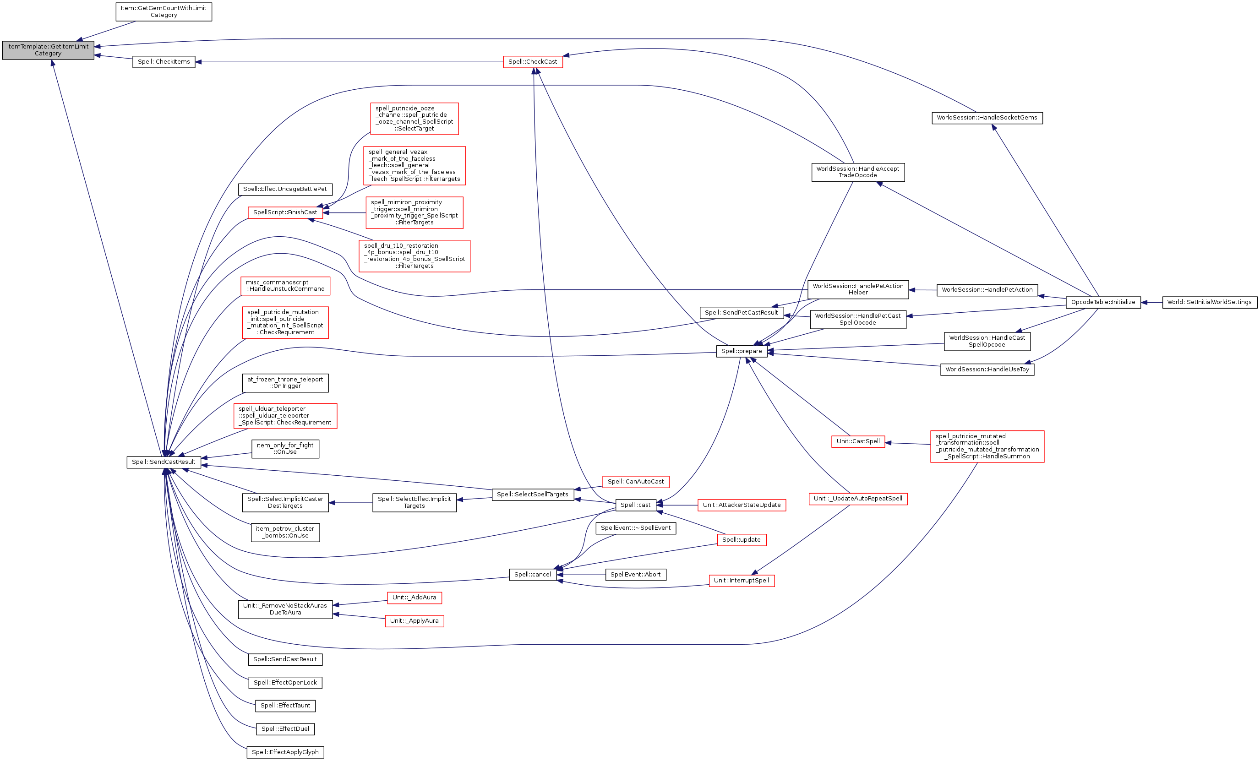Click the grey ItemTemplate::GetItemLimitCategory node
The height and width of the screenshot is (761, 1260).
coord(48,50)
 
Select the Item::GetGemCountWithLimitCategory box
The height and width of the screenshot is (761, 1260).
coord(164,12)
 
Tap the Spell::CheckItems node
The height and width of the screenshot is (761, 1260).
coord(164,62)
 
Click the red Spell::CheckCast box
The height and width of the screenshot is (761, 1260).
coord(532,62)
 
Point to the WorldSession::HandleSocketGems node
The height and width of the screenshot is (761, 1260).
coord(987,118)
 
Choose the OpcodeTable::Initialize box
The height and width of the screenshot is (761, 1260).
coord(1102,302)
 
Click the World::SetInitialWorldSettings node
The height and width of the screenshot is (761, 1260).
coord(1209,302)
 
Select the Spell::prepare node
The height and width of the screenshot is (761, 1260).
coord(742,351)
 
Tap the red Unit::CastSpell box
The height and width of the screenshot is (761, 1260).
coord(857,441)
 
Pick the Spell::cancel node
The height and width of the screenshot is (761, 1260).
coord(532,575)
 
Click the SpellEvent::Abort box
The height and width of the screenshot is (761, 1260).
coord(635,575)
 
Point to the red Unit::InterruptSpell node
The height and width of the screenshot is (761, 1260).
coord(741,581)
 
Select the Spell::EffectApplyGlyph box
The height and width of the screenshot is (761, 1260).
coord(285,752)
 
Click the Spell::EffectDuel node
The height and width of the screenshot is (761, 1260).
coord(285,729)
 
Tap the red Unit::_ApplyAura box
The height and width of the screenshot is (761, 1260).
coord(414,621)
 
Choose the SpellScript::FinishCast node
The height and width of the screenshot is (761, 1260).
coord(285,212)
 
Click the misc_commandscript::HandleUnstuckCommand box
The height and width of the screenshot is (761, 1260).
coord(285,286)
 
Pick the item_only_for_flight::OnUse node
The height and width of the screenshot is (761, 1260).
coord(285,449)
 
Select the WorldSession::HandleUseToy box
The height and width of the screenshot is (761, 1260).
coord(987,370)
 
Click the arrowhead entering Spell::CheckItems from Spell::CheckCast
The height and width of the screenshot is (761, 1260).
coord(198,62)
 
